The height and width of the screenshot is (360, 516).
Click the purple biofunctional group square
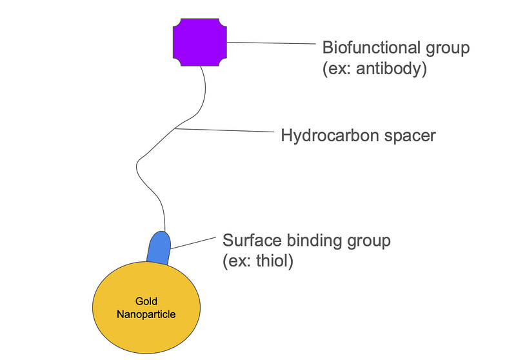(x=200, y=43)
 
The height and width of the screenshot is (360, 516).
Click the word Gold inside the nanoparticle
(x=146, y=301)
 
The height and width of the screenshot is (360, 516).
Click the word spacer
(x=407, y=136)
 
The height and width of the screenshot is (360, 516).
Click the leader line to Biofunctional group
(x=274, y=44)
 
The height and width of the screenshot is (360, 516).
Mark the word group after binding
(x=369, y=241)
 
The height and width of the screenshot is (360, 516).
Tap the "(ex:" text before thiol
(x=238, y=262)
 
